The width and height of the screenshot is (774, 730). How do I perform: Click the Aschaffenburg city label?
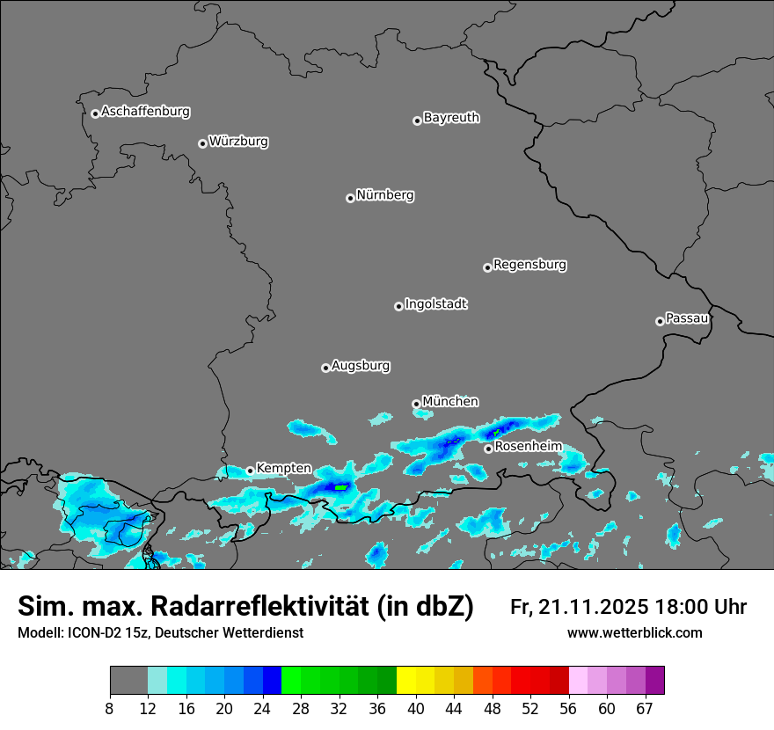pyautogui.click(x=145, y=112)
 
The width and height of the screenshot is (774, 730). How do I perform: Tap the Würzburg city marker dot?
pyautogui.click(x=202, y=143)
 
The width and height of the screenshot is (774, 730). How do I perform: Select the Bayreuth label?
pyautogui.click(x=451, y=117)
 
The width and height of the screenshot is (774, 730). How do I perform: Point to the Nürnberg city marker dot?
pyautogui.click(x=350, y=198)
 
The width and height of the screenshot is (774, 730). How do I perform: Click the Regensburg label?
pyautogui.click(x=529, y=265)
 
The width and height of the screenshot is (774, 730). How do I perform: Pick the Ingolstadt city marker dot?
pyautogui.click(x=398, y=306)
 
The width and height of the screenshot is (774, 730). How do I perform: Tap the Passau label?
pyautogui.click(x=687, y=318)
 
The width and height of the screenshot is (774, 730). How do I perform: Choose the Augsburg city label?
pyautogui.click(x=361, y=366)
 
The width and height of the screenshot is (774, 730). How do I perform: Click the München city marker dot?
pyautogui.click(x=416, y=404)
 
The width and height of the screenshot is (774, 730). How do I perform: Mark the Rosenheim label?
pyautogui.click(x=528, y=447)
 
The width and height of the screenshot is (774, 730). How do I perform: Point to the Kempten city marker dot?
pyautogui.click(x=250, y=471)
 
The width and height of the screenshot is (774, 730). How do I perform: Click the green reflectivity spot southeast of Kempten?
pyautogui.click(x=341, y=486)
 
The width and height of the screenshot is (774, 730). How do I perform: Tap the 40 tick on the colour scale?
pyautogui.click(x=416, y=708)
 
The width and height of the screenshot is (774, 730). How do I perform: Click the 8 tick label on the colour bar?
pyautogui.click(x=110, y=708)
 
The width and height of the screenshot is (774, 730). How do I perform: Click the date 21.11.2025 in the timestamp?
pyautogui.click(x=595, y=607)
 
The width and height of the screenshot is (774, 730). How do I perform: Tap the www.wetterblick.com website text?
pyautogui.click(x=634, y=633)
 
